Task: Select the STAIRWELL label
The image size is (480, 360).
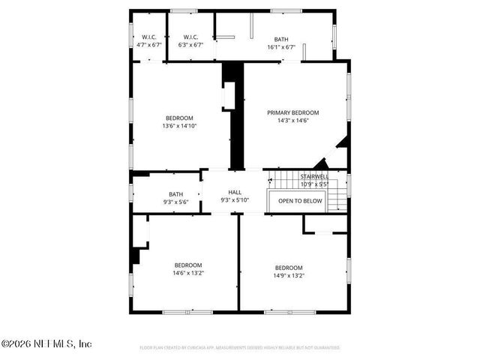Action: tap(314, 177)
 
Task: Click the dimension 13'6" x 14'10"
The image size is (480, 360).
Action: tap(179, 126)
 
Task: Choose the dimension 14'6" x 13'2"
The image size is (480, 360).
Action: tap(188, 273)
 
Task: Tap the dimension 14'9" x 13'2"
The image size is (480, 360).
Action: tap(288, 275)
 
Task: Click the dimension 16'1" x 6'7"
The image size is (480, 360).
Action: tap(281, 46)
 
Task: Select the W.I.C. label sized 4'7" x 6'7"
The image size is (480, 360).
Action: tap(149, 37)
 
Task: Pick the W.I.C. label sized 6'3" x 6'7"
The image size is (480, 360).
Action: tap(191, 37)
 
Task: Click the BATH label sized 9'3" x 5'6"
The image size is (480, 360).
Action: tap(175, 194)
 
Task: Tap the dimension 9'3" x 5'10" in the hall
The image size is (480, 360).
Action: tap(235, 200)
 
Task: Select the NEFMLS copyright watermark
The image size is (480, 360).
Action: tap(46, 343)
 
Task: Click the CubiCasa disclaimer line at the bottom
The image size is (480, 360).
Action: tap(240, 348)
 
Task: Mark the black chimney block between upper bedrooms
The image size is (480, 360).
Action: tap(235, 116)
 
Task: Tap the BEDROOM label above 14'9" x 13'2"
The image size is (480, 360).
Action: tap(288, 268)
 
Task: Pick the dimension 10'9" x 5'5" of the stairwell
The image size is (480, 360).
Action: tap(314, 184)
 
